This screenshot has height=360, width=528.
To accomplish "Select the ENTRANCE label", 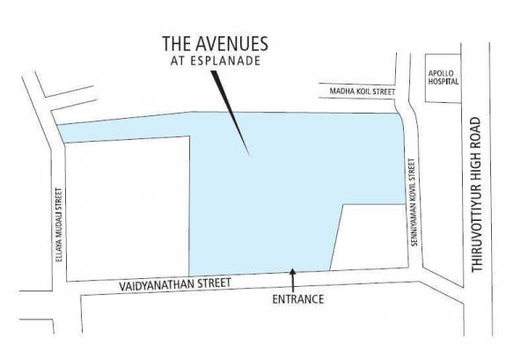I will coord(298,299).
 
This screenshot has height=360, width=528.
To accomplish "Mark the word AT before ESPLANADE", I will coord(185,62).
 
